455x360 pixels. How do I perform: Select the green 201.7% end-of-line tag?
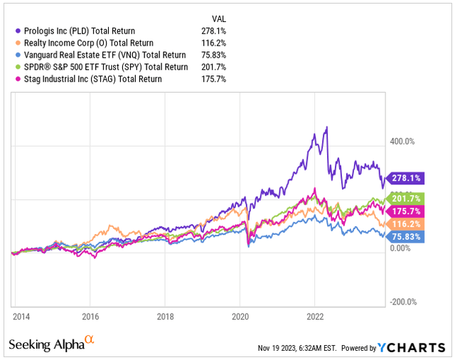[x=402, y=198]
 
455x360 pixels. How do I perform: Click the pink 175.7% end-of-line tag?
[x=402, y=211]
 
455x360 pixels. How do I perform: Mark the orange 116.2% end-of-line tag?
[x=402, y=223]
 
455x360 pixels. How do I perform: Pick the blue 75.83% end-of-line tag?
[x=402, y=236]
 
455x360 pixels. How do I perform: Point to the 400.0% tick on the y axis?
[x=399, y=141]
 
